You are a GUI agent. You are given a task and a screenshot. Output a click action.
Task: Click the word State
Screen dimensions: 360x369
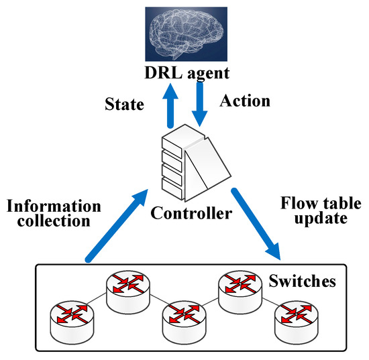tap(125, 106)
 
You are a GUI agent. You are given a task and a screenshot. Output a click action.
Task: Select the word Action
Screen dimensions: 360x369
tap(245, 101)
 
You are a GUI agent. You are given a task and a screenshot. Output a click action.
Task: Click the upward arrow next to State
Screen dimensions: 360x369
tap(172, 105)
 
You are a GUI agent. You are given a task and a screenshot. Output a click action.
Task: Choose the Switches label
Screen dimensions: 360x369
tap(302, 281)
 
